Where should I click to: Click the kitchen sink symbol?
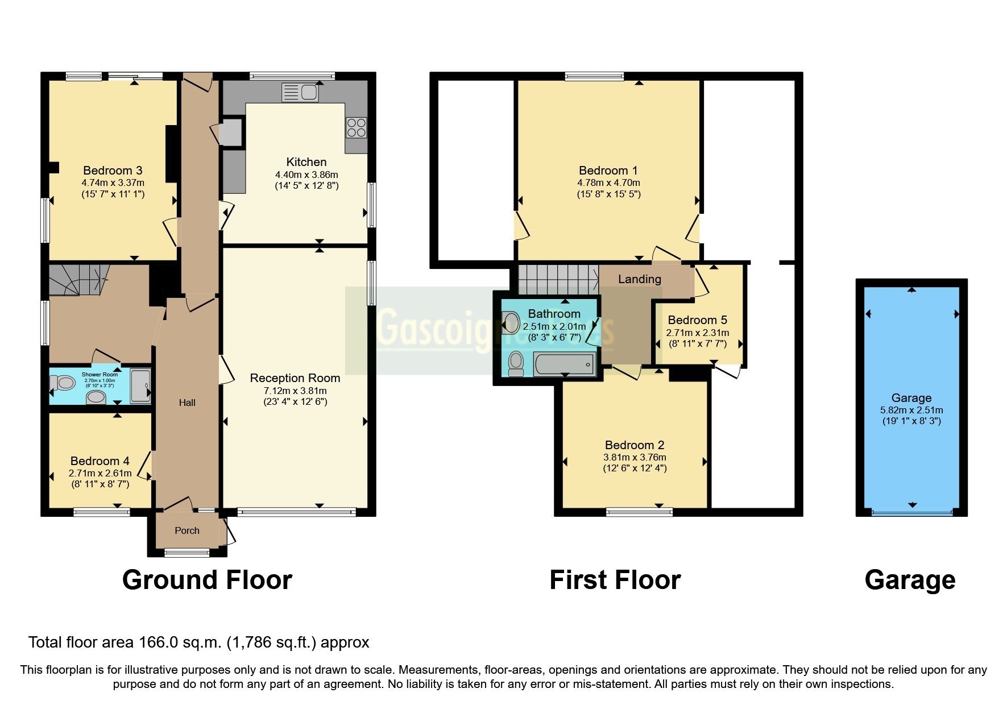(x=300, y=92)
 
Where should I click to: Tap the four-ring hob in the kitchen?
(x=356, y=127)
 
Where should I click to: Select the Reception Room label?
(x=295, y=378)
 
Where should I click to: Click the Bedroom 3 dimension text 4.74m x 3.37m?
(x=113, y=183)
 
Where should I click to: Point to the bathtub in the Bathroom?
(x=565, y=363)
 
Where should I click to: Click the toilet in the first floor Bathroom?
(x=516, y=364)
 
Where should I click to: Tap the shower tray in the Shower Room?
(x=140, y=386)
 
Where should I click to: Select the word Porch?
(x=187, y=530)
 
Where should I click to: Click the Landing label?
(x=639, y=279)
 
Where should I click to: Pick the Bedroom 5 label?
(x=697, y=320)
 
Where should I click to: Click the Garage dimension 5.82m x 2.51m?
(x=911, y=410)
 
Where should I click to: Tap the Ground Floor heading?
(x=207, y=580)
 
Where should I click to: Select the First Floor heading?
(x=615, y=580)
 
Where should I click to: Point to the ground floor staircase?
(x=77, y=279)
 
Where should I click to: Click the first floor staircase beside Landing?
(x=557, y=279)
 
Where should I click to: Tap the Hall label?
(x=187, y=403)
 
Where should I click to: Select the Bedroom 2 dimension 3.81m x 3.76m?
(x=635, y=457)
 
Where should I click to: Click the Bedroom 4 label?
(x=100, y=461)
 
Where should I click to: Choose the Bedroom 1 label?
(x=608, y=171)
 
